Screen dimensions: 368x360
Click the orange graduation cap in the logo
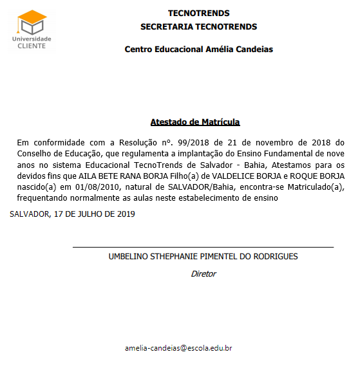pyautogui.click(x=32, y=16)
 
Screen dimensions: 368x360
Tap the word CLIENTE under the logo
pyautogui.click(x=32, y=46)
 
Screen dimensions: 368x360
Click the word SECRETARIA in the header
pyautogui.click(x=165, y=27)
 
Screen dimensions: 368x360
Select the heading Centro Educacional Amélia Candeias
pyautogui.click(x=198, y=50)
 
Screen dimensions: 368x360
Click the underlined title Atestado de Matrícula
pyautogui.click(x=195, y=122)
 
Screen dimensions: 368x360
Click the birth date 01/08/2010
pyautogui.click(x=97, y=187)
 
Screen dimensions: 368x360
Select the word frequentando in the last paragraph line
pyautogui.click(x=42, y=198)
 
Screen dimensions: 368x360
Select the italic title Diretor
pyautogui.click(x=204, y=273)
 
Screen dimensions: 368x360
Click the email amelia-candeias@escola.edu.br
pyautogui.click(x=178, y=348)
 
